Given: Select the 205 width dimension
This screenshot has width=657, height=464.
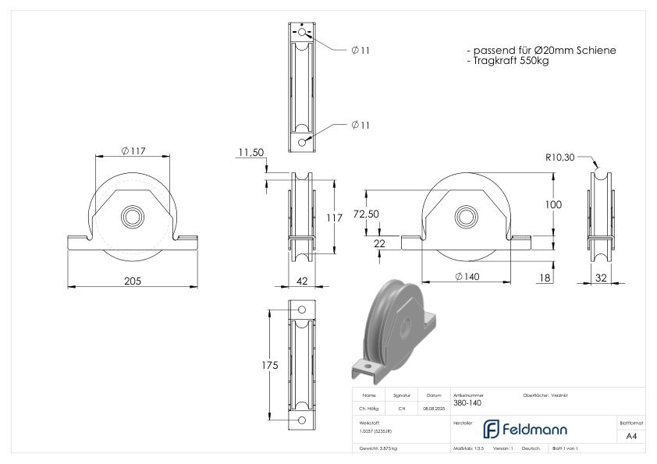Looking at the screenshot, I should [133, 281].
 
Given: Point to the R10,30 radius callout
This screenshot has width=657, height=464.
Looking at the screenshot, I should [561, 158].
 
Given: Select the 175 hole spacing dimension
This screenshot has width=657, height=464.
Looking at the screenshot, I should [269, 367].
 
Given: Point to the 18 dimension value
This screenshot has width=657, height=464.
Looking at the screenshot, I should [545, 276].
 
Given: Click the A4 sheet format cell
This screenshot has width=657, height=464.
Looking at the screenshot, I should [631, 437].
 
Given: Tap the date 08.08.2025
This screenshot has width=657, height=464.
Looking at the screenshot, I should [434, 408].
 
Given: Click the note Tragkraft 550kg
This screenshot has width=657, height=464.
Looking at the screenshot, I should [508, 61].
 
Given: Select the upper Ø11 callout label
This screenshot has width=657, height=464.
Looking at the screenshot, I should [360, 50].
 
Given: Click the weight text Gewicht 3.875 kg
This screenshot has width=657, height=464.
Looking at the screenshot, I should [378, 449].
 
